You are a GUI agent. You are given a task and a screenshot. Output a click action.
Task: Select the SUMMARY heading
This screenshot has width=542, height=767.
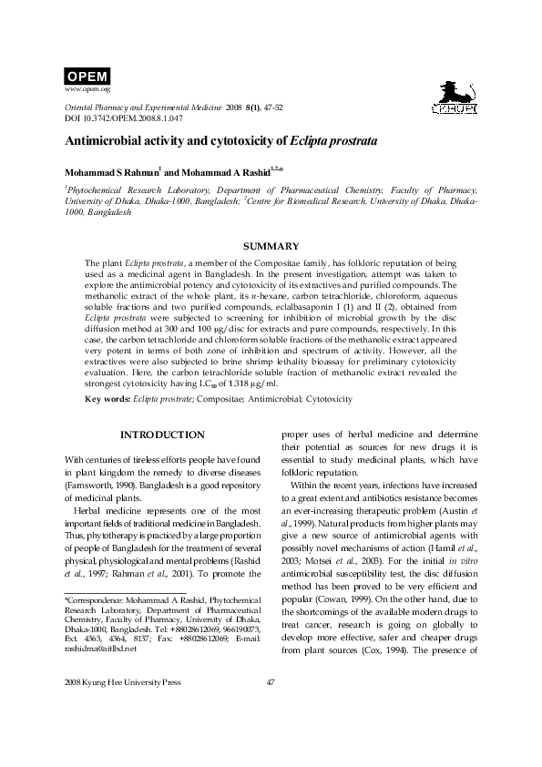pyautogui.click(x=271, y=246)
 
